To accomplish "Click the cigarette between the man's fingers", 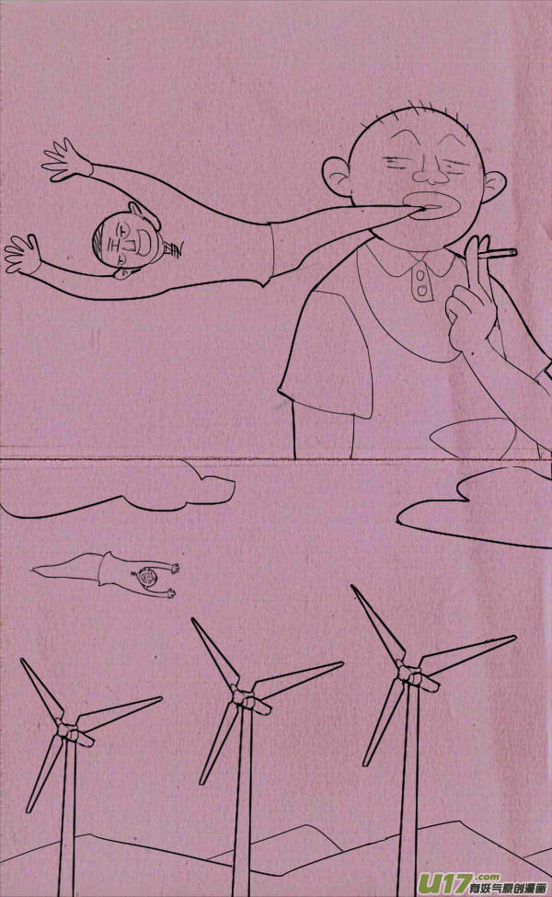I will [500, 252].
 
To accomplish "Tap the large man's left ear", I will [337, 177].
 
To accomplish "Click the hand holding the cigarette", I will [470, 304].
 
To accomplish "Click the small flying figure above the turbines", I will [129, 575].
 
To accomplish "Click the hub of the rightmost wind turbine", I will [405, 674].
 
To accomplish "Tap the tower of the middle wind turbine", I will [241, 800].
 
